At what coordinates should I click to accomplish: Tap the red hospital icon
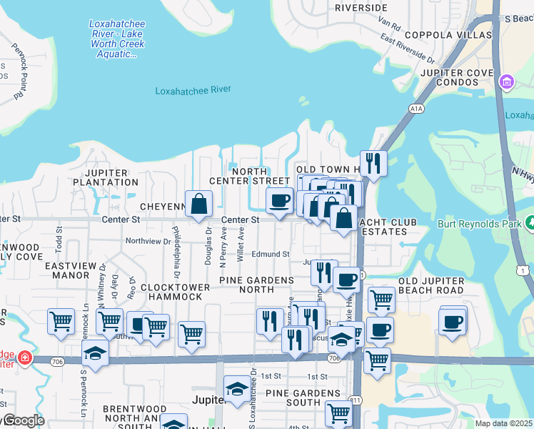25,356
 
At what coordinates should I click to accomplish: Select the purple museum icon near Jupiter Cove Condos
508,82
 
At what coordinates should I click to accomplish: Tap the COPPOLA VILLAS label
448,35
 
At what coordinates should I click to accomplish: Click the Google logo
23,420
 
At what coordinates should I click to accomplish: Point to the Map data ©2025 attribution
504,423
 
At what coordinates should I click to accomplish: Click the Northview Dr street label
148,241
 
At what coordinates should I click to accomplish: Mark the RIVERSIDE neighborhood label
361,7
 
